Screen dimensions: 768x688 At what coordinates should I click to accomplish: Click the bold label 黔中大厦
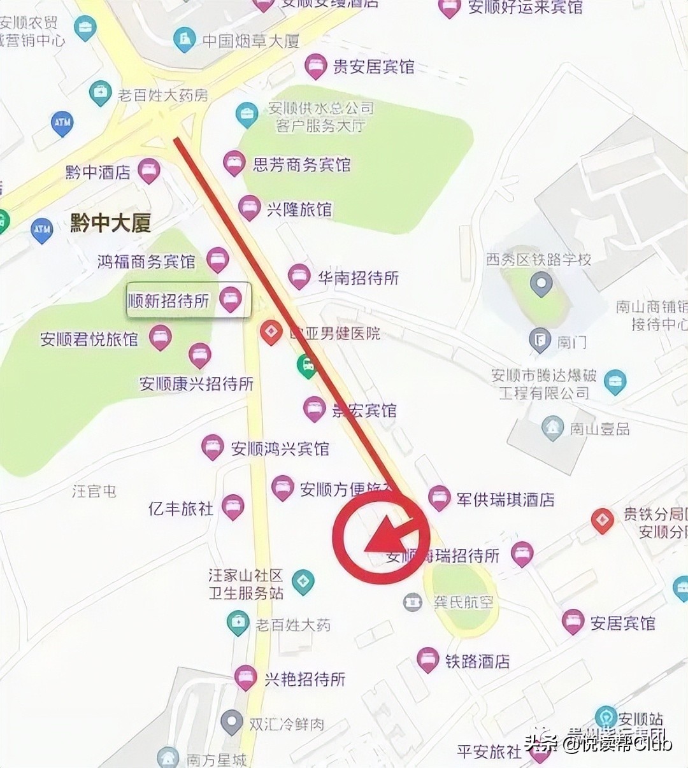[110, 224]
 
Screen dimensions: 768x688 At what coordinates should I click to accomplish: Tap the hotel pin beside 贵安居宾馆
[315, 66]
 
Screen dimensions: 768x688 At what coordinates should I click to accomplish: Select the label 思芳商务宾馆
[301, 164]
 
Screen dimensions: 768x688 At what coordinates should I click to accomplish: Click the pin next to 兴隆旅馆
[249, 208]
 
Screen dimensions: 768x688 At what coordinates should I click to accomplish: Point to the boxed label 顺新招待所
[169, 301]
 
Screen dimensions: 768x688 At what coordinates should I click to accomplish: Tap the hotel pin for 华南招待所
[299, 276]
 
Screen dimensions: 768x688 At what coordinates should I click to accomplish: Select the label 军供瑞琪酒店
[505, 499]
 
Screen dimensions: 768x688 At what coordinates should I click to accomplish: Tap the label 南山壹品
[599, 429]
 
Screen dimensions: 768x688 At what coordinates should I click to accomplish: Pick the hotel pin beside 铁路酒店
[428, 660]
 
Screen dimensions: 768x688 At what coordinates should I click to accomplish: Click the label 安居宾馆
[622, 623]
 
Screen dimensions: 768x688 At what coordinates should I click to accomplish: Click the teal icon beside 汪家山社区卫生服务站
[303, 581]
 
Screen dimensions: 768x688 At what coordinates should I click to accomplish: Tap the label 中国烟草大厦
[250, 41]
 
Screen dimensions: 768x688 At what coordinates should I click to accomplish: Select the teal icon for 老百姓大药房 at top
[100, 94]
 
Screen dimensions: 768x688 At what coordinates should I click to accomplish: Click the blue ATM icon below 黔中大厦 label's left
[42, 230]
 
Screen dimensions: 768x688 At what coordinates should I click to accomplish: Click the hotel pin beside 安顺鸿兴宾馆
[212, 447]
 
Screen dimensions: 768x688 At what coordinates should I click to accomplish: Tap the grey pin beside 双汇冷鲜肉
[231, 723]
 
